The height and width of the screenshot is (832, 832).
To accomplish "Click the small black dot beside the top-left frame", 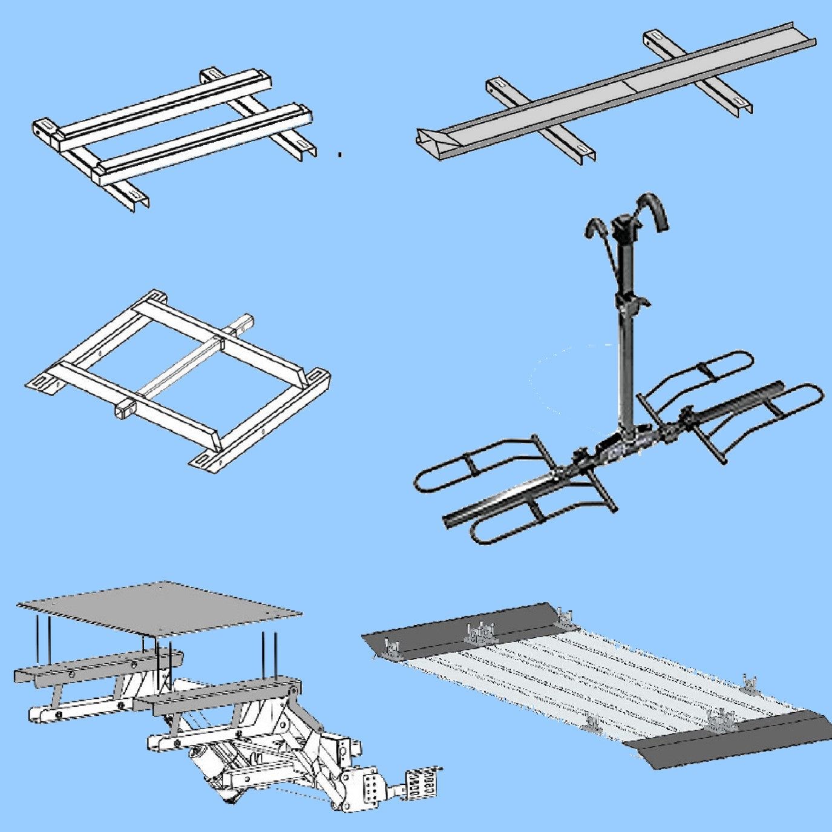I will click(340, 155).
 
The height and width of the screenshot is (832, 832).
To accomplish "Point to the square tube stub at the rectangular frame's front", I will click(123, 407).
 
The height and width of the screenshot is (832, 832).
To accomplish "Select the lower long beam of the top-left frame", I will click(206, 145).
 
